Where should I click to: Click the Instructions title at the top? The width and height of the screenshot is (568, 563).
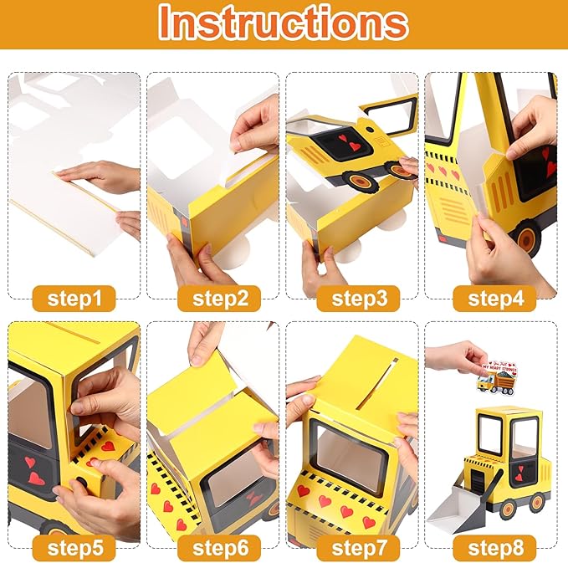(284, 23)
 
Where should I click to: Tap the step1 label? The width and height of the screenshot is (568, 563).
(74, 298)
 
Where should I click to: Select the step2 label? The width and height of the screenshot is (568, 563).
(213, 298)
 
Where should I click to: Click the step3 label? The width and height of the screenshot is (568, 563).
(354, 298)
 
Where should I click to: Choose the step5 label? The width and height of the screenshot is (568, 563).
(74, 548)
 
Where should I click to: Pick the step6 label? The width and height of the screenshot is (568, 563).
(213, 548)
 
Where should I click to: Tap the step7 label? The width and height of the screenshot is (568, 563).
(354, 548)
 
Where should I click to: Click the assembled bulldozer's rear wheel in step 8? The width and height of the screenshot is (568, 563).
(535, 503)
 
